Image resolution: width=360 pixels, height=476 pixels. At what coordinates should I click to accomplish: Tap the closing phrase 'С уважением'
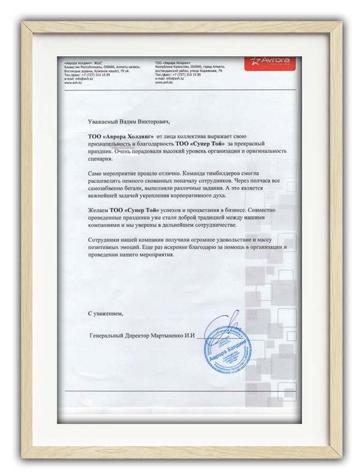(105, 313)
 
